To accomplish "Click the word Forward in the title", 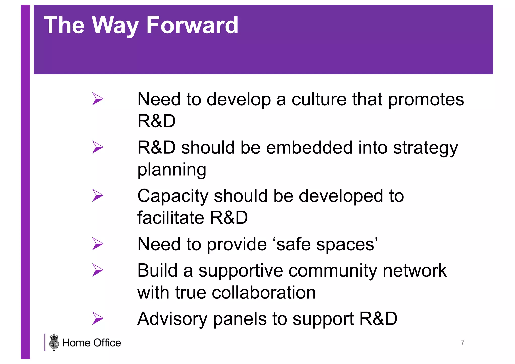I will coord(192,25).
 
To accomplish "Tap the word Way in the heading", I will coord(115,25).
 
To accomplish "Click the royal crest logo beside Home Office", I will coord(54,342).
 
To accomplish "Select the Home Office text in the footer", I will coord(92,343).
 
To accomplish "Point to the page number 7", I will coord(463,342).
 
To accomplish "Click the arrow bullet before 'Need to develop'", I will coord(98,99).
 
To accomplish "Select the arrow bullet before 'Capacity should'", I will coord(98,195).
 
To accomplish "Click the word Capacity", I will coord(173,196).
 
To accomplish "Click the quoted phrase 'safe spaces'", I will coord(327,244).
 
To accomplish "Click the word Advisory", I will coord(172,319).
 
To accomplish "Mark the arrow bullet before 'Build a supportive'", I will coord(98,270).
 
